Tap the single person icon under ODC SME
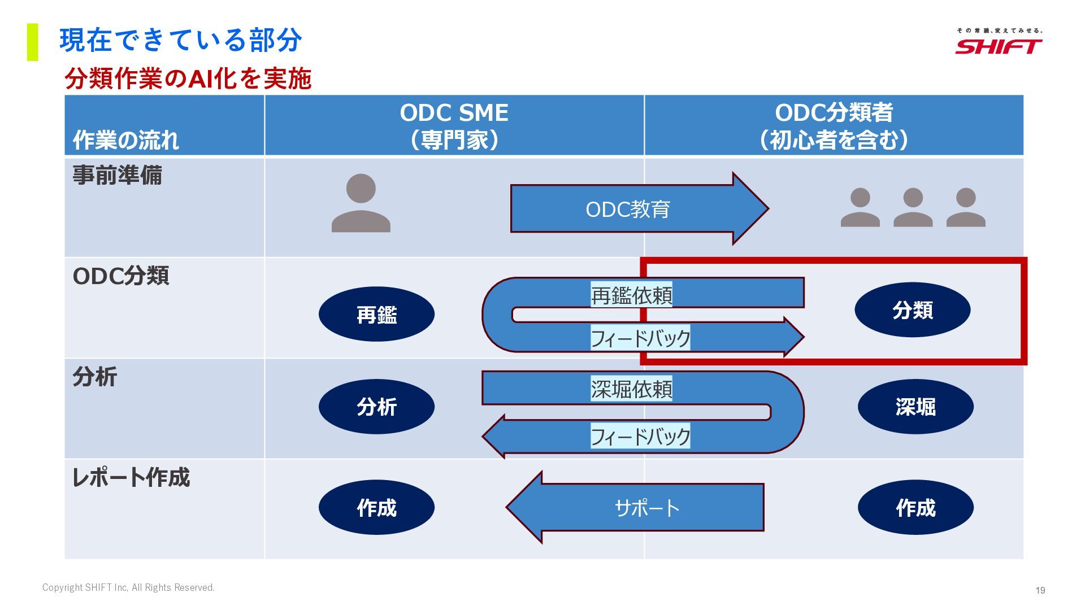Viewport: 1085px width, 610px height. (361, 204)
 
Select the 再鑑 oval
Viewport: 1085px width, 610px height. (376, 314)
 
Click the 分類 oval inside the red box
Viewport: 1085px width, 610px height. (912, 310)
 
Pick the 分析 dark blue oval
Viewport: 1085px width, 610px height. (376, 407)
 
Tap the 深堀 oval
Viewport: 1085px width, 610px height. (915, 407)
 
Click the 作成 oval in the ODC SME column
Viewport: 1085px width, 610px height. (376, 507)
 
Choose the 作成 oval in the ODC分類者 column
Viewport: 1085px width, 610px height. (915, 507)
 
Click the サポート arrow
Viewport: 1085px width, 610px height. (646, 508)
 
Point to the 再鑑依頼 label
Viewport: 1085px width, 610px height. (631, 295)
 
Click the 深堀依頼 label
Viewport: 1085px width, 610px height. (631, 389)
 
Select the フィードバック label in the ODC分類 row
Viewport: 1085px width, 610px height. (640, 338)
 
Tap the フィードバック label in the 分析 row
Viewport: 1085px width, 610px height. (640, 437)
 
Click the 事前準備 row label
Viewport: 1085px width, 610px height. (118, 175)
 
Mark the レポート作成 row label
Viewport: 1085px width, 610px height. (131, 477)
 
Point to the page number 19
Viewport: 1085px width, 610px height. (1040, 590)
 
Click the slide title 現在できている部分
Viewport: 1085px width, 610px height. (181, 41)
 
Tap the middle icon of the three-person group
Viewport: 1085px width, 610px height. (913, 207)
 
